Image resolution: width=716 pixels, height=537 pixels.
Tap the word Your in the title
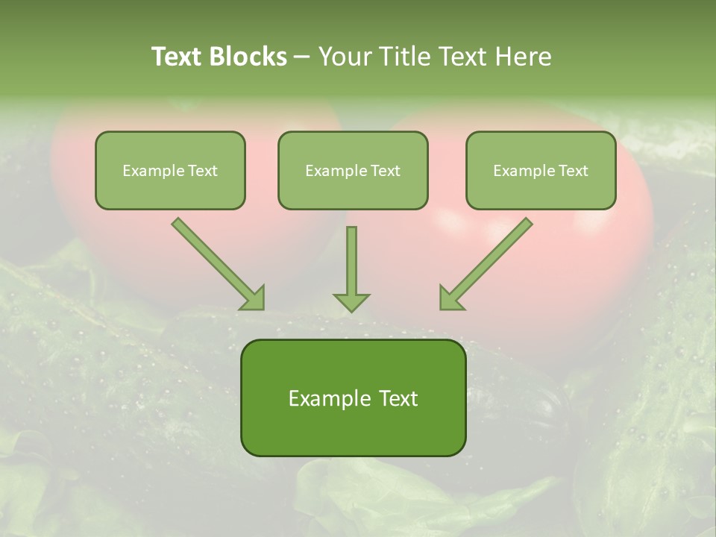tap(348, 57)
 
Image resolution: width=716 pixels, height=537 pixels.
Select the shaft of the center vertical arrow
tap(351, 257)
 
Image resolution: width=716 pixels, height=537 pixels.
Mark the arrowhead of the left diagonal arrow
tap(254, 298)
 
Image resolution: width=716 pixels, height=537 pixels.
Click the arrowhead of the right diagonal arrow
tap(450, 298)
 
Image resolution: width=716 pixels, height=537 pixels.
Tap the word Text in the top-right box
tap(573, 171)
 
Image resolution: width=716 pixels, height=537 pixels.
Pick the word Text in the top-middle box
tap(385, 171)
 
